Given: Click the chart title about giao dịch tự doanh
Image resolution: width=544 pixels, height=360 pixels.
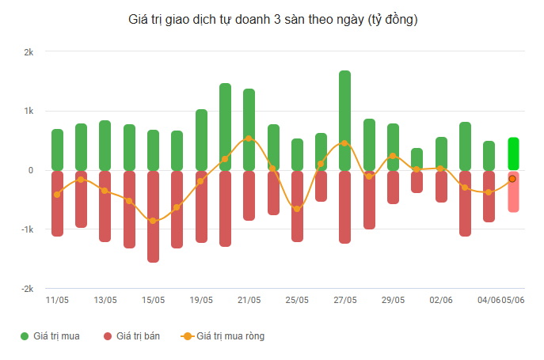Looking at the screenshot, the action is (x=272, y=20).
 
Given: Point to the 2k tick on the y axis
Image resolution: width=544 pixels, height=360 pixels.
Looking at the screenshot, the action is (x=29, y=52).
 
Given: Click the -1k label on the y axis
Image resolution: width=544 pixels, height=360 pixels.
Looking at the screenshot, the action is (x=28, y=229).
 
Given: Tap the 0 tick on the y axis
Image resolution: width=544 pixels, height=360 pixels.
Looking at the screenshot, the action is (x=31, y=170).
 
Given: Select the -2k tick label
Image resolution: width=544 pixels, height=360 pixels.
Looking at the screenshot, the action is (x=28, y=289).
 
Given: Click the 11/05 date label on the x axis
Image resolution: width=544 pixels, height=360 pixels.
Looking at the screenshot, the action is (x=57, y=300).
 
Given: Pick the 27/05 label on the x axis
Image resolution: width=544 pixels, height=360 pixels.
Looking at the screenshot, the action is (x=345, y=300).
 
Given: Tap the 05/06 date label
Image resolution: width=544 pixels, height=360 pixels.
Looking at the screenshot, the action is (x=513, y=300).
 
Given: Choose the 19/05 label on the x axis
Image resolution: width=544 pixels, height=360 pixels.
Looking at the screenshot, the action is (x=201, y=300).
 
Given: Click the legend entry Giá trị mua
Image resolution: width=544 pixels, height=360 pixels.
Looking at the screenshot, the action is (x=50, y=336).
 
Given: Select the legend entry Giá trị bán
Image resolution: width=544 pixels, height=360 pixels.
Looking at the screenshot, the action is (x=131, y=336).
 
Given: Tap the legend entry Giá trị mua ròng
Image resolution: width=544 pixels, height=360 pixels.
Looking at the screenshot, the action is (x=223, y=336).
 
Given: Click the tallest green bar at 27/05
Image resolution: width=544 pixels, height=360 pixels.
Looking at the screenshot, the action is (x=345, y=120).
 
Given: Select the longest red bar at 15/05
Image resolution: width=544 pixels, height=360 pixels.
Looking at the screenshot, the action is (x=153, y=217).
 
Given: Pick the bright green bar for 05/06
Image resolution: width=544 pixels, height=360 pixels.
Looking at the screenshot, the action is (x=513, y=153).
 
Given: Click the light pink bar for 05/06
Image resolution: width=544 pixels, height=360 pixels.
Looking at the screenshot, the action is (x=513, y=191).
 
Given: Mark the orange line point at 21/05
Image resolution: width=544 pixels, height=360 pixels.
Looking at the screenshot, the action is (x=249, y=138).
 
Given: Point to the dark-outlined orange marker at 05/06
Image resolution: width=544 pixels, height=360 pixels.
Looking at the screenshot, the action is (x=512, y=179).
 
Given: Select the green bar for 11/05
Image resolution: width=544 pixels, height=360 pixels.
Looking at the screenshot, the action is (x=58, y=150).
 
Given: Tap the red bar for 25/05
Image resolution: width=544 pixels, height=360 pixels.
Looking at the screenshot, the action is (x=297, y=207).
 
